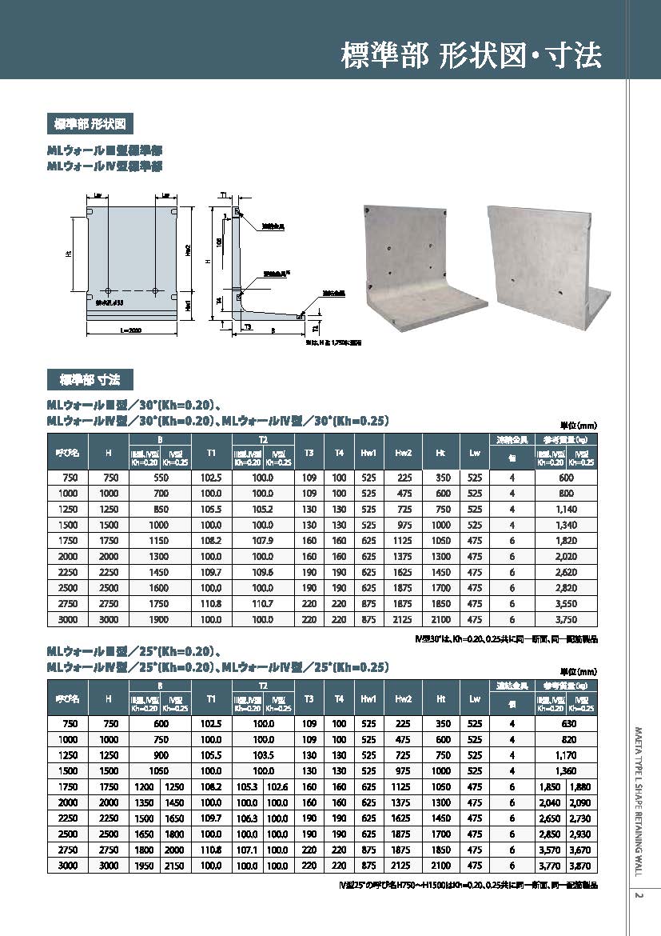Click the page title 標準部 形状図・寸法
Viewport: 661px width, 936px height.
click(x=471, y=57)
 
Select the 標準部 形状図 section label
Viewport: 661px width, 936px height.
click(x=89, y=125)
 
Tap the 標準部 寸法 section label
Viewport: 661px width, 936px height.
click(x=89, y=378)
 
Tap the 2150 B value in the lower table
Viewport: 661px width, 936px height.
click(x=175, y=866)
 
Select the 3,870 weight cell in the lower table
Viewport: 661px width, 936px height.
click(x=582, y=866)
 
